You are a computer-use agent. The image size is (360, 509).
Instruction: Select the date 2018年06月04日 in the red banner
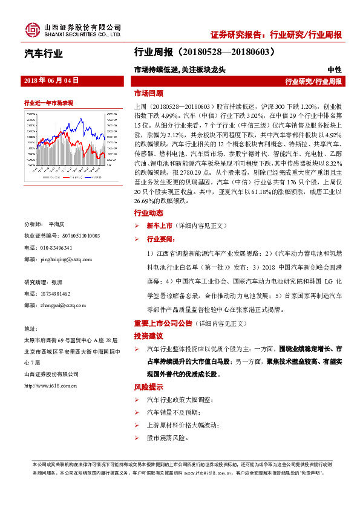[51, 80]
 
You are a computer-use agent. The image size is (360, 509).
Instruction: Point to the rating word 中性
[335, 70]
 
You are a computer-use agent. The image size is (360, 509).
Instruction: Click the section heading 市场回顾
[148, 94]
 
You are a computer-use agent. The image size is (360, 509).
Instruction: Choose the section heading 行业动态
[148, 213]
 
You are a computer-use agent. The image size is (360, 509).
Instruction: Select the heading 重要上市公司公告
[163, 323]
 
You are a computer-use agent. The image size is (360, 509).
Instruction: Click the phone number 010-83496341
[56, 248]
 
